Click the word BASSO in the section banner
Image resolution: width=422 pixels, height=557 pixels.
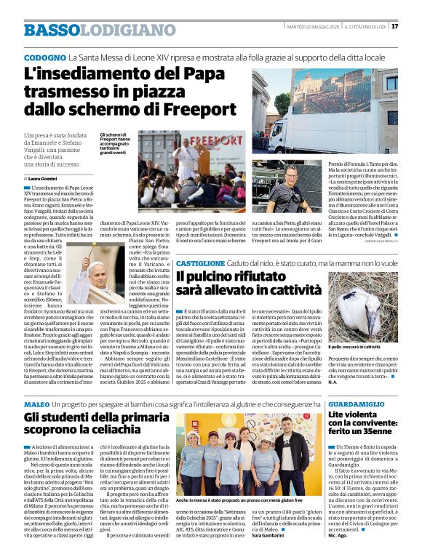[x=51, y=31]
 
